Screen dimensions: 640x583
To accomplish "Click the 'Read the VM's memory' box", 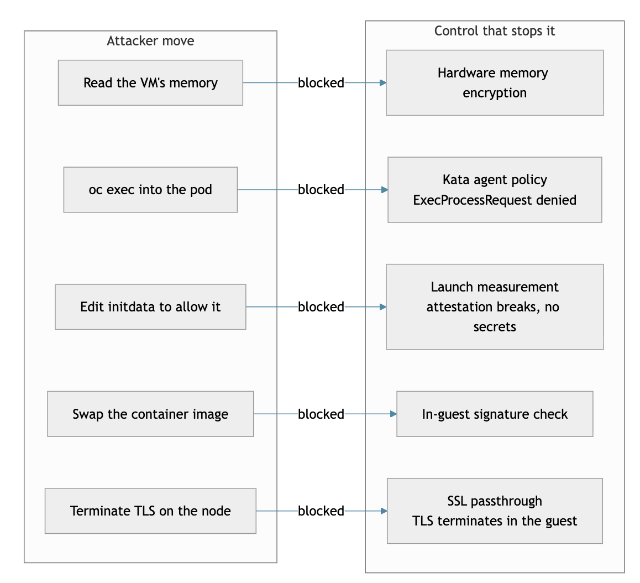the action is coord(150,82).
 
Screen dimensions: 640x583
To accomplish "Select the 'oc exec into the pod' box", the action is coord(150,190).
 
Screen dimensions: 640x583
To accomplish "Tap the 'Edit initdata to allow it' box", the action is coord(150,307).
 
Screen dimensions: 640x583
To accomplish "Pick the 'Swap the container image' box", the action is coord(150,414).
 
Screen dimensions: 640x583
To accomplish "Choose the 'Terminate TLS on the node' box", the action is coord(150,511).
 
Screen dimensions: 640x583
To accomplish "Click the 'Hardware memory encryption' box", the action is coord(495,82).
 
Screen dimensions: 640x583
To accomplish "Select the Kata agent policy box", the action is coord(495,190).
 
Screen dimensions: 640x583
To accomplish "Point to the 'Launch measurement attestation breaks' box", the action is coord(495,307).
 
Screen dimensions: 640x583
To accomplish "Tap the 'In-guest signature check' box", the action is coord(495,414).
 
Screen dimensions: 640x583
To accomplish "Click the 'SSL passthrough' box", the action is coord(495,511).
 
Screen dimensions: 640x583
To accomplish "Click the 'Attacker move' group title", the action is coord(150,41).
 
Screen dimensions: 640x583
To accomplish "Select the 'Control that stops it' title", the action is coord(494,31).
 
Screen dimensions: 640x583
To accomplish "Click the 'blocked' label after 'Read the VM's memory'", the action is coord(321,83).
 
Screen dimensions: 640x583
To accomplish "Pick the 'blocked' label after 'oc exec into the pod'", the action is coord(321,190).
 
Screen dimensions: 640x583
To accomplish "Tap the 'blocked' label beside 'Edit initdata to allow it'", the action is coord(321,307).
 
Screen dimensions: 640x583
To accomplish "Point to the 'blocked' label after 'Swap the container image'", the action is coord(321,414).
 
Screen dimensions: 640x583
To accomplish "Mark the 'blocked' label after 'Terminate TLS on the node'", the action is coord(321,511).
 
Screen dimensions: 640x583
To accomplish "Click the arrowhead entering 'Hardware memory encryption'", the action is coord(383,83).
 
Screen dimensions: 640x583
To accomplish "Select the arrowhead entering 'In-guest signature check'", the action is coord(394,414).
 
